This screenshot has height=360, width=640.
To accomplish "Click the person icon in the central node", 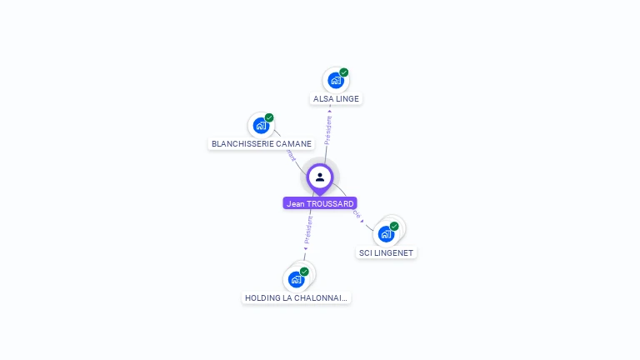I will point(320,177).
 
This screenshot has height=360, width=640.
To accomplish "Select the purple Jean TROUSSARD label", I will point(320,203).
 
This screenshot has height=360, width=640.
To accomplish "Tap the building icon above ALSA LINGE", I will point(335,81).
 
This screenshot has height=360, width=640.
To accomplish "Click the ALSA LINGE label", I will point(336,98).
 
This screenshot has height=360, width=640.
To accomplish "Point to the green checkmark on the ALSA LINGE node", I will point(344,72).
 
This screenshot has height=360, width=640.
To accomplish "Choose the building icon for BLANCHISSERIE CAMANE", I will point(261,126).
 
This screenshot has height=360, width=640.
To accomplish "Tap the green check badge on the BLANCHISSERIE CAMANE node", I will point(269,117).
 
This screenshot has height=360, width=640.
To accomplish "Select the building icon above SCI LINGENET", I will point(386,234).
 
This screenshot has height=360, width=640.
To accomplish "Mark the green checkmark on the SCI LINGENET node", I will point(394,226).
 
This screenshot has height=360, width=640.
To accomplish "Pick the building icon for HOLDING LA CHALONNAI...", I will point(296,279).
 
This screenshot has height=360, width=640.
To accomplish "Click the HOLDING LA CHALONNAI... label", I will point(297,297).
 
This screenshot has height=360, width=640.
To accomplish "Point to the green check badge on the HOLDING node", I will point(304,272).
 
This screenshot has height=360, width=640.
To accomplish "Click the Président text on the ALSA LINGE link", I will point(328,130).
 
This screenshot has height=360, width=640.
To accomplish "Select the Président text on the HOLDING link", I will point(308,230).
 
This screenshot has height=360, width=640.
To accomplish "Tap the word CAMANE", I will point(293,143).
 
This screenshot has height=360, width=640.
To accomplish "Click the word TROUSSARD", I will point(331,203).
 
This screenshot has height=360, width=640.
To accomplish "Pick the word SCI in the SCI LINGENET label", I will point(365,252).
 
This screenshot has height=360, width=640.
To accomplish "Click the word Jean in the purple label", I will point(294,203).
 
